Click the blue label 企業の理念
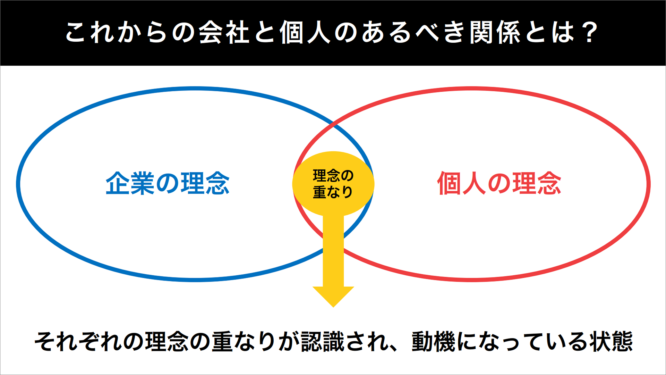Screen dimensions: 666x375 coord(168,183)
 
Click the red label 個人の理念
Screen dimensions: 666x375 coord(499,183)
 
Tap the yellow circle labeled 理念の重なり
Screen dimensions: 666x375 coord(333,184)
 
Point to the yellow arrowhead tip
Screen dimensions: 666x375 coord(333,307)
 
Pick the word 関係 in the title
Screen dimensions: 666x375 coord(495,32)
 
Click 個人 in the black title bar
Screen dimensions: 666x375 coord(305,32)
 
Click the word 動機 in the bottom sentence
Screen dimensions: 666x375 coord(434,342)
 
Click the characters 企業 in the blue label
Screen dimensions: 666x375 coord(130,183)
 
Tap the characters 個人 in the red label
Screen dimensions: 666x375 coord(461,183)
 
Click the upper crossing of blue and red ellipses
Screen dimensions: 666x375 coord(333,123)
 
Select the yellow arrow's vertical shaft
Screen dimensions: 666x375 coord(333,251)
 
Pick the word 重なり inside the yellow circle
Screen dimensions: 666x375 coord(333,192)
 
